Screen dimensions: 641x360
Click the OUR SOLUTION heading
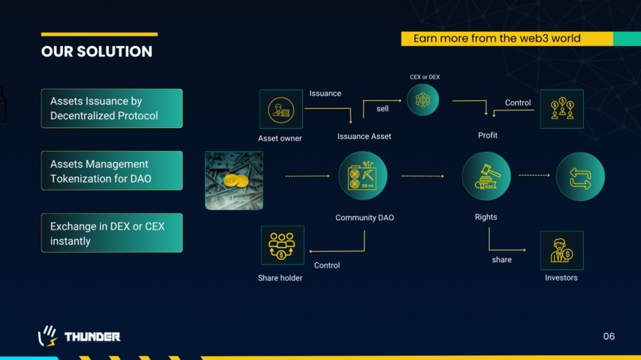[x=97, y=52]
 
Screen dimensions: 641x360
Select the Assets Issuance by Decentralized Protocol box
[x=112, y=108]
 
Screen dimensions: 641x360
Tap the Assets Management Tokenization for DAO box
[x=112, y=171]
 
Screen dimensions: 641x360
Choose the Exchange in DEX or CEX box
[x=112, y=233]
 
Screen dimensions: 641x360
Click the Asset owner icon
[x=282, y=109]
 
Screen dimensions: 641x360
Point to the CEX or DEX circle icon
[x=423, y=100]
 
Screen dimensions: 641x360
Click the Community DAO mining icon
[x=363, y=176]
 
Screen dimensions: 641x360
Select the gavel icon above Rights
[x=486, y=176]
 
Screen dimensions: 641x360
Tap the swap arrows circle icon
[x=581, y=176]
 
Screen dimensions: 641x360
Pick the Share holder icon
[x=282, y=246]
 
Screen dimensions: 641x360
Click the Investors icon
[x=561, y=250]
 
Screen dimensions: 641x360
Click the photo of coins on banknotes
[x=235, y=180]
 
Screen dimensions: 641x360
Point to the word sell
[x=383, y=109]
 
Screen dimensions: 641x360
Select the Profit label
[x=488, y=135]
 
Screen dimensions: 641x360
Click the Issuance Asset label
[x=363, y=137]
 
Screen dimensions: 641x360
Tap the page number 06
[x=608, y=336]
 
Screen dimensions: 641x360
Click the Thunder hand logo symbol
[x=48, y=336]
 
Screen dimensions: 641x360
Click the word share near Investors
[x=502, y=260]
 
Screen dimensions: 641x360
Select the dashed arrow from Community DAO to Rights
[x=422, y=176]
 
